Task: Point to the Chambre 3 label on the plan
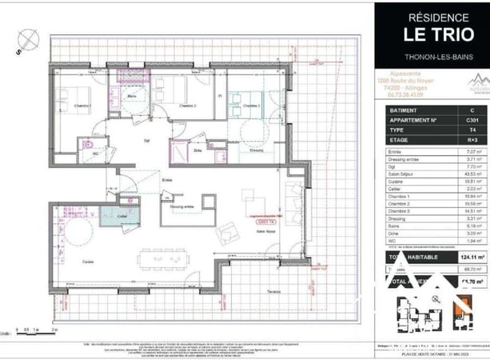(253, 105)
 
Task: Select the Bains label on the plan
(134, 96)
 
